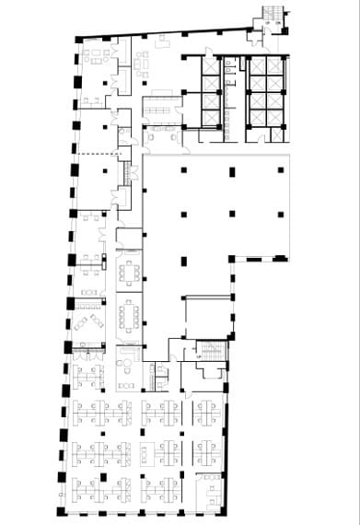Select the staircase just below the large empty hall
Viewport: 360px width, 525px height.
point(211,354)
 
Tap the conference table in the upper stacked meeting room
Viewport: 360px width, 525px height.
point(128,273)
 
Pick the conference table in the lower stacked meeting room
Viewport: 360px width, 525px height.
point(128,316)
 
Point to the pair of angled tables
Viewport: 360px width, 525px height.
point(88,321)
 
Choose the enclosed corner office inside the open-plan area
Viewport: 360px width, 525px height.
point(209,488)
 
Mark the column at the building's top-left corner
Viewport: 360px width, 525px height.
point(78,38)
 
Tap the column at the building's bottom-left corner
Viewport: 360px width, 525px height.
point(61,510)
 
